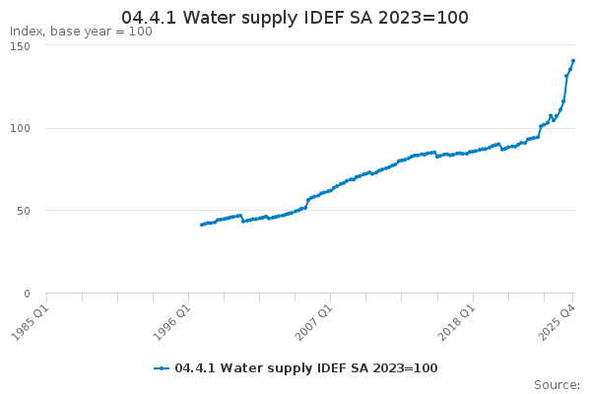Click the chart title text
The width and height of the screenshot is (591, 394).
pyautogui.click(x=295, y=18)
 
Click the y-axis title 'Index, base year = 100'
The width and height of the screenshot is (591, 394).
pyautogui.click(x=81, y=32)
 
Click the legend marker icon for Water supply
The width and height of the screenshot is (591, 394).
pyautogui.click(x=163, y=368)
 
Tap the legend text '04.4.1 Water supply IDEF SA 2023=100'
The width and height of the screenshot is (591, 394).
pyautogui.click(x=305, y=368)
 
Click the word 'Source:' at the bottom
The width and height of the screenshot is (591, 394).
pyautogui.click(x=557, y=384)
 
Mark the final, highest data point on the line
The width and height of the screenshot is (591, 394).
pyautogui.click(x=573, y=61)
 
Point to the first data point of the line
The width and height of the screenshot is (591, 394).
pyautogui.click(x=201, y=225)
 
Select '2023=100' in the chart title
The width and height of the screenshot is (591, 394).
pyautogui.click(x=427, y=18)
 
